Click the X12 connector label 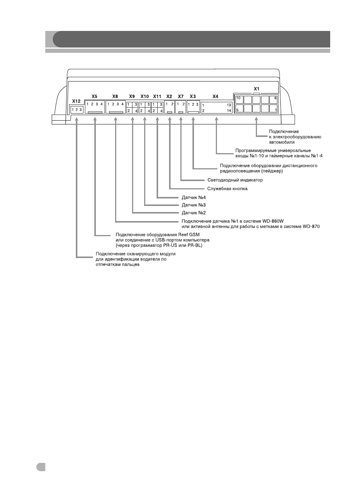click(x=76, y=101)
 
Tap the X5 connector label click(x=94, y=96)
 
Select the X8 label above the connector click(x=115, y=96)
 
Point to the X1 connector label click(x=257, y=89)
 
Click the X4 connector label click(x=215, y=96)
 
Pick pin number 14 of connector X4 click(x=229, y=111)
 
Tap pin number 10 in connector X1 click(x=238, y=98)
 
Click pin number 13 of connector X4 click(x=229, y=105)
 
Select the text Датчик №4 click(x=194, y=198)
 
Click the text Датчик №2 click(x=194, y=213)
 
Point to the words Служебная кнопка click(x=227, y=189)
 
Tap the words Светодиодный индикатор click(x=235, y=180)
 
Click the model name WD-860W click(x=273, y=221)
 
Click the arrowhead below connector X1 click(x=256, y=119)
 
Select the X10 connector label click(x=145, y=96)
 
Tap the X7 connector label click(x=181, y=96)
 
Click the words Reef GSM click(x=189, y=234)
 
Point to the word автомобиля click(x=282, y=142)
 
